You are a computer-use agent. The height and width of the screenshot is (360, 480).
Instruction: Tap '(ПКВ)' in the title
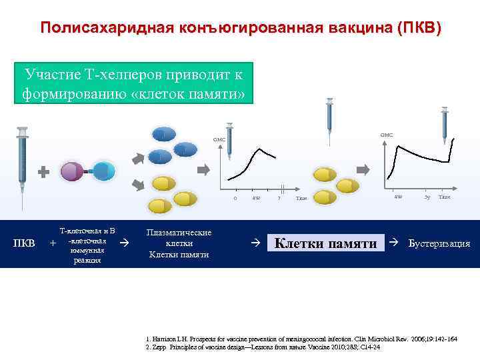419,28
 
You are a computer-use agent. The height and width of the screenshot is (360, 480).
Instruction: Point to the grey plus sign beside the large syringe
44,172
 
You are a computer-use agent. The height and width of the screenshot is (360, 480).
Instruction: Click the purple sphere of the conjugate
72,171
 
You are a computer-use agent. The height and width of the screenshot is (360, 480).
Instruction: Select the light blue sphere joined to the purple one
103,171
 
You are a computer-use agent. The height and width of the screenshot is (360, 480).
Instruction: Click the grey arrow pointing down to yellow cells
139,183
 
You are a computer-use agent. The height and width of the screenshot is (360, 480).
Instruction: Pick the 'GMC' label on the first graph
219,139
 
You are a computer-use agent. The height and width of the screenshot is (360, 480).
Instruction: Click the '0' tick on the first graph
235,198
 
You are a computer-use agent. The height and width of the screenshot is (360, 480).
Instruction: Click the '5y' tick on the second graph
427,197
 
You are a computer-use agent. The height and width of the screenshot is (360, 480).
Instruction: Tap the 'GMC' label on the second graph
387,135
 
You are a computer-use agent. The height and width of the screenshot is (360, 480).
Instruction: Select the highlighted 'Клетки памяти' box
325,244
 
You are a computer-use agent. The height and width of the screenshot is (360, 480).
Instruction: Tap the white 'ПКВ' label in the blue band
25,243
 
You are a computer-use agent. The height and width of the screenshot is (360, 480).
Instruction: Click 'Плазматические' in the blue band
179,233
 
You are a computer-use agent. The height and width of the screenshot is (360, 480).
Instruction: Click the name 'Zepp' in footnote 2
159,347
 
